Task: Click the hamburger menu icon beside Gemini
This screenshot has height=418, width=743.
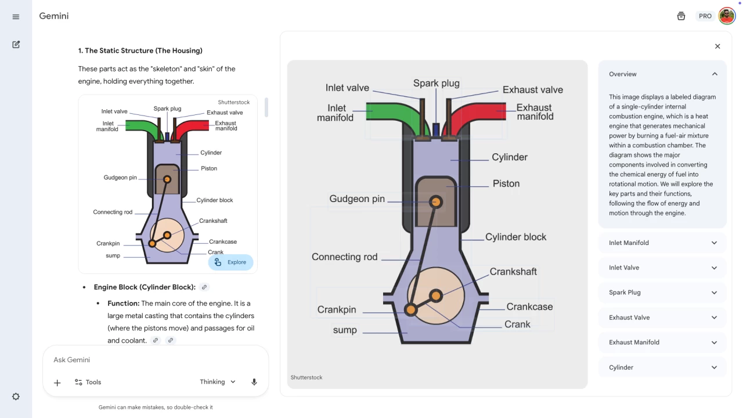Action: (x=16, y=17)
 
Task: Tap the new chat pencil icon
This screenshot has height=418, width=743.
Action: (x=16, y=45)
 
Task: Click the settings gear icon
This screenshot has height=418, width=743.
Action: (x=16, y=397)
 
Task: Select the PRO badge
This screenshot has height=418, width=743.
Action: (x=705, y=16)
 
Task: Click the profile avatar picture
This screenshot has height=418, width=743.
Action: (x=727, y=16)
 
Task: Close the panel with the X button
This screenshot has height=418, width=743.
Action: (x=717, y=46)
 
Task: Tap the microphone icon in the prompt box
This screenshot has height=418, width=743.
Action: (x=254, y=382)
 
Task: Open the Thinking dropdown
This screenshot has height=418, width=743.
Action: (x=218, y=382)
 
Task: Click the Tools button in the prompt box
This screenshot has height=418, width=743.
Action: (x=88, y=382)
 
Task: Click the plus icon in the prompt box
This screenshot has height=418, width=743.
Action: (x=57, y=383)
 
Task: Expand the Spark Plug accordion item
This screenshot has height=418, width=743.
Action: (x=662, y=293)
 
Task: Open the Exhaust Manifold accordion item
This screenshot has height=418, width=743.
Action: (x=662, y=343)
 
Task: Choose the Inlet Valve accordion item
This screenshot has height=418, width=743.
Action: (x=662, y=268)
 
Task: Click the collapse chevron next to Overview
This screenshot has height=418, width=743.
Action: (x=715, y=74)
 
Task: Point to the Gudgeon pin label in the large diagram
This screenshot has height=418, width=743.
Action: (x=357, y=199)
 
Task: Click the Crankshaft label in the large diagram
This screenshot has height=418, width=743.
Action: (x=513, y=272)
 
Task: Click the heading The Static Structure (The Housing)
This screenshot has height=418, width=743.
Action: (x=140, y=51)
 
